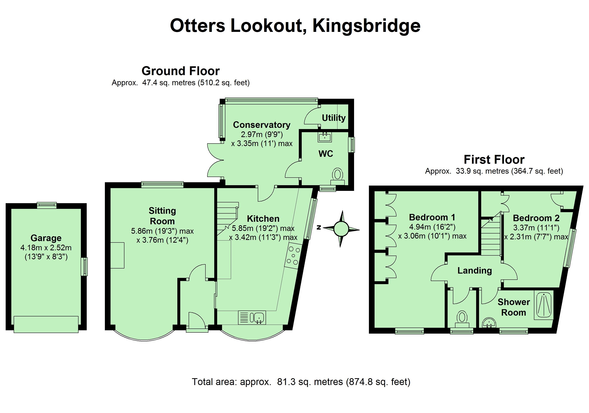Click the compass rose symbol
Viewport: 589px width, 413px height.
coord(341,229)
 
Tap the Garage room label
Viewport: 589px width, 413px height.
coord(46,238)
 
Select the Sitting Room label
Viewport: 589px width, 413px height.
coord(162,216)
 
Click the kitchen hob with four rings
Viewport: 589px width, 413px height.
coord(293,256)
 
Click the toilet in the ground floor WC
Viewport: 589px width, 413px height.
coord(337,176)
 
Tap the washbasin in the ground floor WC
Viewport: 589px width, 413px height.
coord(325,137)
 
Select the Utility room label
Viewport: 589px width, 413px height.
coord(334,118)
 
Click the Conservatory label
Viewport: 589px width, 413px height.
coord(261,125)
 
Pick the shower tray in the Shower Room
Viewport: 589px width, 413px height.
coord(544,305)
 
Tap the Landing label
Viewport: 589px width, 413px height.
coord(475,270)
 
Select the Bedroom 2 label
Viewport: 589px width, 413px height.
coord(536,218)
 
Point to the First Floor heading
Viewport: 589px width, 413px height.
coord(494,160)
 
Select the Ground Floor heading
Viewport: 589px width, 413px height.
coord(181,71)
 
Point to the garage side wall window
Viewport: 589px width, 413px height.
coord(85,267)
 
